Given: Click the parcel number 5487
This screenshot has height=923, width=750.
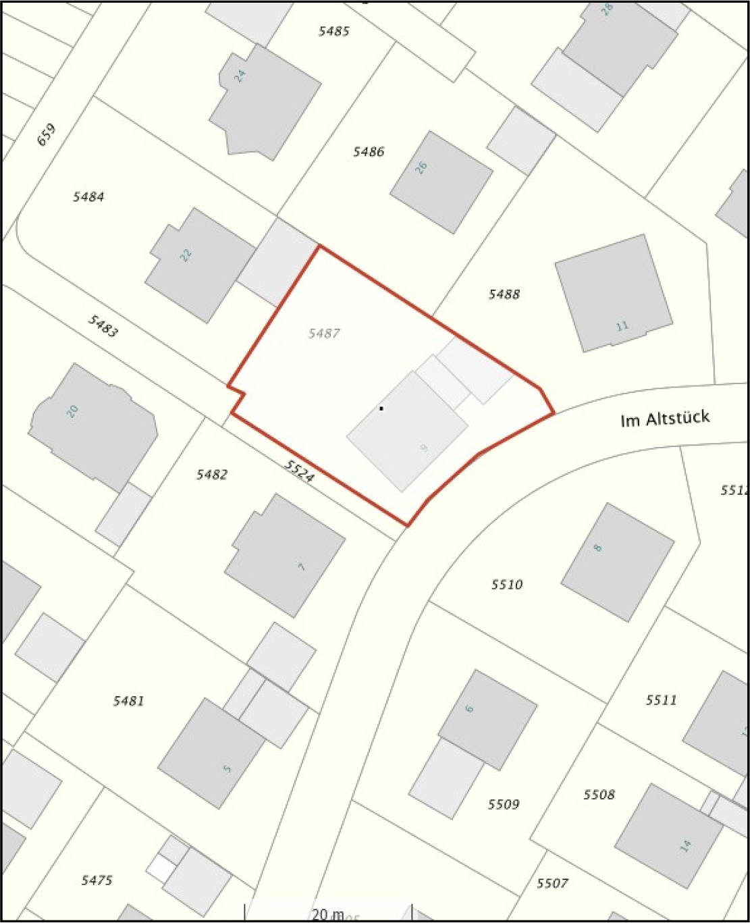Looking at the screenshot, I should [323, 334].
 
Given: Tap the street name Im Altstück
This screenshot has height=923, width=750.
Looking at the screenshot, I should [665, 419].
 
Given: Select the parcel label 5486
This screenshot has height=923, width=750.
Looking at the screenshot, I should [369, 152].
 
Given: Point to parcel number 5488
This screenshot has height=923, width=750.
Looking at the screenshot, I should [504, 294].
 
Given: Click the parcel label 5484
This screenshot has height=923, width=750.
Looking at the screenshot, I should [88, 197].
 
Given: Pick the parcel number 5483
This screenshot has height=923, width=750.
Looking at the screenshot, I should [103, 326].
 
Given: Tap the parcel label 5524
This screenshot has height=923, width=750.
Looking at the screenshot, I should [298, 471].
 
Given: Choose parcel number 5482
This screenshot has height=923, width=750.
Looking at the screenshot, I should [212, 475].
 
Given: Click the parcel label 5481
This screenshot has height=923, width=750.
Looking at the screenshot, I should [128, 701].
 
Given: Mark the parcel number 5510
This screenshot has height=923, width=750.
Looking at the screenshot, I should [507, 585].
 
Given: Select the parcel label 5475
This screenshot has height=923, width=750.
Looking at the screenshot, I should [97, 880].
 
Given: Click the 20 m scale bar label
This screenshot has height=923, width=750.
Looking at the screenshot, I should [327, 914].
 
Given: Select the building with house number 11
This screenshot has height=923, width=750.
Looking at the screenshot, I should [613, 293].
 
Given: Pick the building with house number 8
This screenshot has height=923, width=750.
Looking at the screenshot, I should [617, 562].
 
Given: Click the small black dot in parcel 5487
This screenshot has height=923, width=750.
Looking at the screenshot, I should [381, 408].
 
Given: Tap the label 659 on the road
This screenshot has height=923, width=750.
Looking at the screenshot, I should [47, 134].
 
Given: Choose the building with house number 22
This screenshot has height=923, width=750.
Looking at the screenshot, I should [199, 263].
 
